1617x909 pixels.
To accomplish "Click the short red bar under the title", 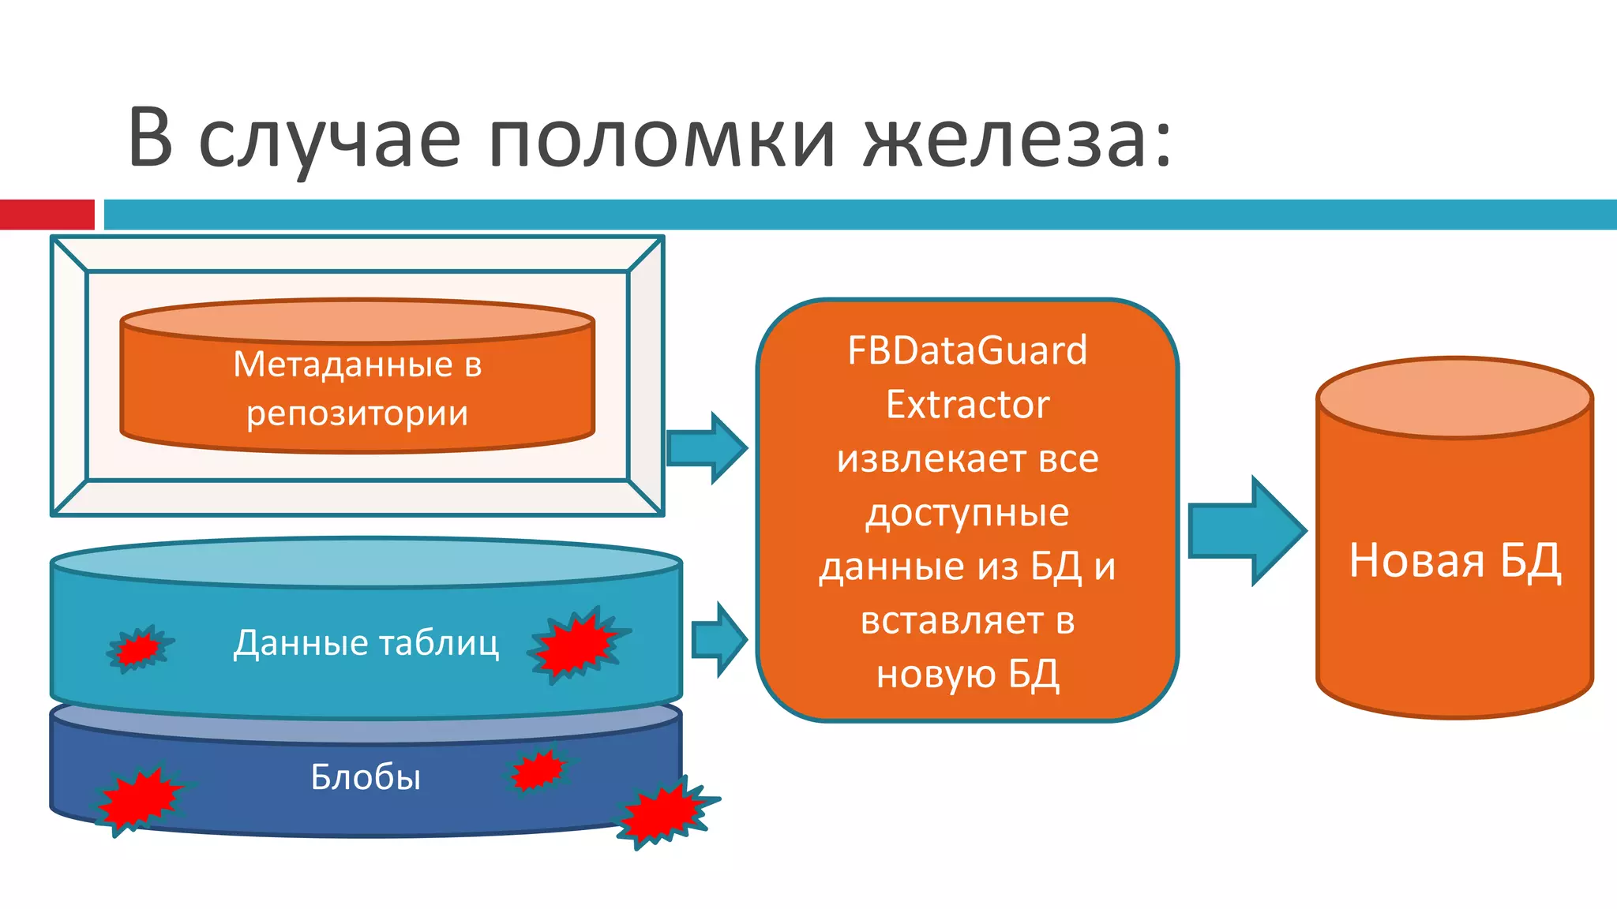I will (x=47, y=215).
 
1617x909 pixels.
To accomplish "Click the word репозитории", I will (x=357, y=413).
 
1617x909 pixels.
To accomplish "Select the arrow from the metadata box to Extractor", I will (x=706, y=447).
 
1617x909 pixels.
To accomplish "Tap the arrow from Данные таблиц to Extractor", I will (x=718, y=639).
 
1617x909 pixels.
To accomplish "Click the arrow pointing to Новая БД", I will (x=1245, y=531).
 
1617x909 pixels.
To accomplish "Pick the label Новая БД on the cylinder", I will (x=1454, y=561).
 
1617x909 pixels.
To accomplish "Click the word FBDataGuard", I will (x=967, y=350).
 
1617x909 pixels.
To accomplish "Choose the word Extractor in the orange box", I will (x=967, y=405).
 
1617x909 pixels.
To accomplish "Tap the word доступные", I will (x=967, y=514).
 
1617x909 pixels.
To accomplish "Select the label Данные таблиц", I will (x=366, y=643).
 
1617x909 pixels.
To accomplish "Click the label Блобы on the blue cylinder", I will (x=366, y=777).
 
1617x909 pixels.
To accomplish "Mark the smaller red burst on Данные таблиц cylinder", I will (x=139, y=649).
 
